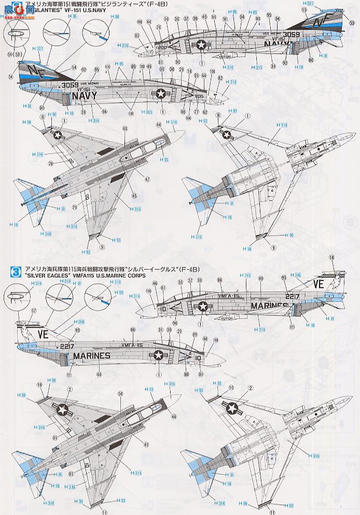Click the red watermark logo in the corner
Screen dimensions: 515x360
(16, 7)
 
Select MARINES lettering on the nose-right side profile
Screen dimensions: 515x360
(92, 356)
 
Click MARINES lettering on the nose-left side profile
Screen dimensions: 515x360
(269, 305)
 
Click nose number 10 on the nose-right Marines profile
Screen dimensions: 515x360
(198, 357)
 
